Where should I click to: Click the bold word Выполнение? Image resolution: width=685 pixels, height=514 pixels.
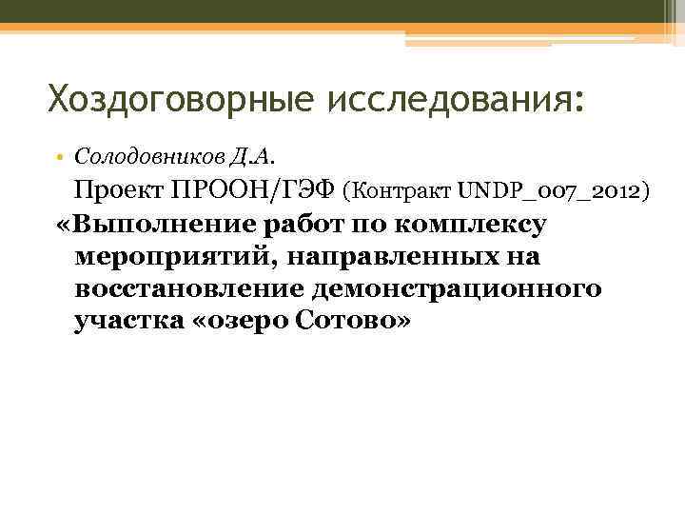[167, 226]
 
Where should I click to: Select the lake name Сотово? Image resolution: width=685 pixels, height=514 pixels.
[348, 321]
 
